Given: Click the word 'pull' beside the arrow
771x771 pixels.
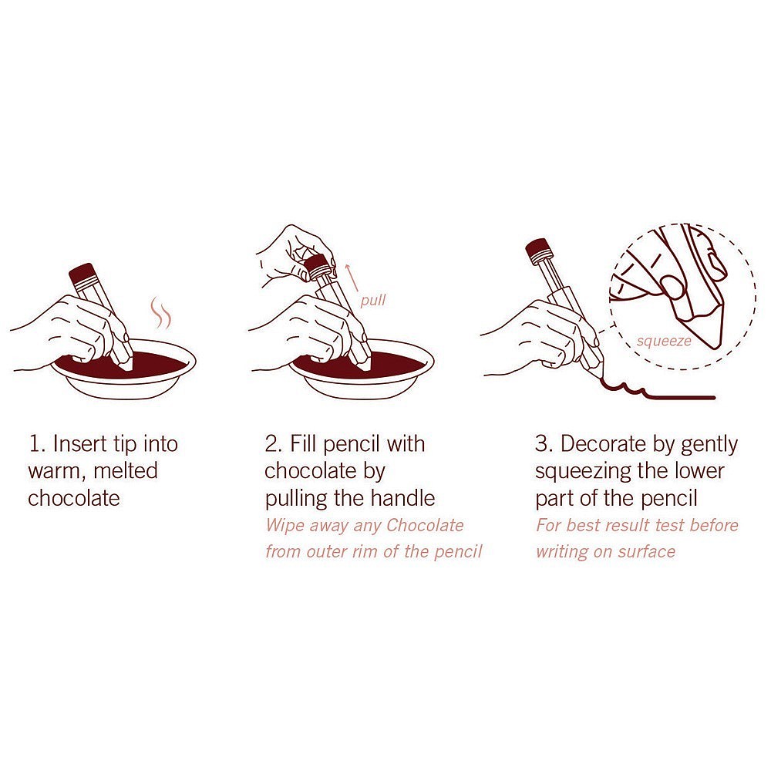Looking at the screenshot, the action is click(372, 301).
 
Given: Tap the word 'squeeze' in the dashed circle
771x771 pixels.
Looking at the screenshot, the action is click(664, 342).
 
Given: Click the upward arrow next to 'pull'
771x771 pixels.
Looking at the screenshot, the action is click(352, 278).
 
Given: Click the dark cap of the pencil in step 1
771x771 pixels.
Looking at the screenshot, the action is click(82, 274).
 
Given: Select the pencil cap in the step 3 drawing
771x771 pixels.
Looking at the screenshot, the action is click(537, 249).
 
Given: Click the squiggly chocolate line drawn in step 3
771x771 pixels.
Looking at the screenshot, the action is click(656, 390).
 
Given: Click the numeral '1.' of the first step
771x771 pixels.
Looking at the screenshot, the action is click(38, 443).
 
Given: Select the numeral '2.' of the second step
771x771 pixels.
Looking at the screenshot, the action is click(274, 443).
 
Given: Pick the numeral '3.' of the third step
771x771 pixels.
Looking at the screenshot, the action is click(544, 443).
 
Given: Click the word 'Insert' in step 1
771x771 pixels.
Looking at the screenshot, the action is click(80, 443).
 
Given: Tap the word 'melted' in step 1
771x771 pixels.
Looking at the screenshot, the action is click(126, 470).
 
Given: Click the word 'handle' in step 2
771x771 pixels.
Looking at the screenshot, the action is click(402, 498).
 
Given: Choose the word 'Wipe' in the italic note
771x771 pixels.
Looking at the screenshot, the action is click(285, 526).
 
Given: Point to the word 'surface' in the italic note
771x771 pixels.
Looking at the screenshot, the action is click(647, 552).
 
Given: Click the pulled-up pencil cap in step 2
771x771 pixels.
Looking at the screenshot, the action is click(317, 266).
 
